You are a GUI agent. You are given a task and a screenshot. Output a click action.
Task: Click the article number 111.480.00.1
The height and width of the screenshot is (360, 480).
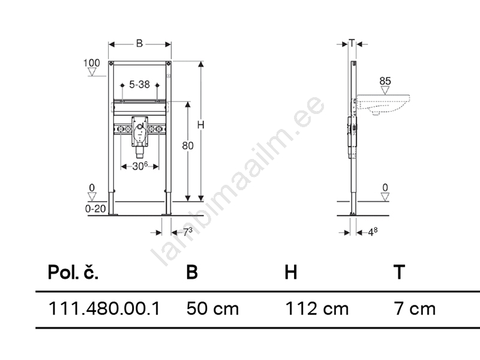point(104,308)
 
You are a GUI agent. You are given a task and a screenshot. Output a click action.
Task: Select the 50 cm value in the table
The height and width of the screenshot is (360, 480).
point(213,308)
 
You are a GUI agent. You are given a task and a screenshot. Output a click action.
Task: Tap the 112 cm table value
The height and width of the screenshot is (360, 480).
point(317,308)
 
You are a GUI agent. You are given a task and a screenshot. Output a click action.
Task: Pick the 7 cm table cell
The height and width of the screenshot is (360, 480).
point(415,308)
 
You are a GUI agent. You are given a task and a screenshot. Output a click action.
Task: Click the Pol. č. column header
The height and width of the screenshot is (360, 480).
point(73,272)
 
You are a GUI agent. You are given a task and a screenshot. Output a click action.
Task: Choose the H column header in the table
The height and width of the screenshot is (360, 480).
point(291,272)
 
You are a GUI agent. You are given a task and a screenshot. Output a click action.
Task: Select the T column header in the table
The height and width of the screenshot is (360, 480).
point(399,272)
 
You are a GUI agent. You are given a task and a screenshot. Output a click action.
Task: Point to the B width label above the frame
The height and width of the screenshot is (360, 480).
point(139,43)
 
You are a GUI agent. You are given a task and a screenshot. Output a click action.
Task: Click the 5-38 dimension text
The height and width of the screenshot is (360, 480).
point(139,84)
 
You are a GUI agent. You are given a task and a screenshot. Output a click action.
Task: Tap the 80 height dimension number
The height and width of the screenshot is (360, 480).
point(188,146)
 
